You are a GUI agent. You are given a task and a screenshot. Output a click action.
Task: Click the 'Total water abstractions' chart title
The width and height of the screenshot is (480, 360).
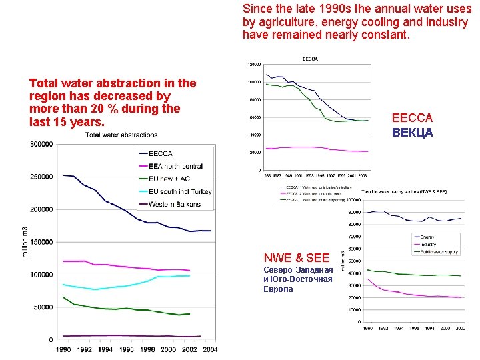(x=121, y=135)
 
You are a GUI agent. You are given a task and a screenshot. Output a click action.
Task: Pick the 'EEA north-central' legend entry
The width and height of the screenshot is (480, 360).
(x=175, y=167)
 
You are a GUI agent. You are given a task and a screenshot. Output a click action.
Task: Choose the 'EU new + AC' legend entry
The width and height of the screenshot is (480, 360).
(x=169, y=179)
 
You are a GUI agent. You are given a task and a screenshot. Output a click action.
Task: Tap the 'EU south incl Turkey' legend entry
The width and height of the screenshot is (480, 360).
(x=180, y=192)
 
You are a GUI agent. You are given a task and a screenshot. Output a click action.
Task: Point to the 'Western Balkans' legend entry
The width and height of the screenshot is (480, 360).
(x=174, y=204)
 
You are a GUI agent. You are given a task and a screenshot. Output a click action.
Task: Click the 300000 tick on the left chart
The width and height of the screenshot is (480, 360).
(x=42, y=144)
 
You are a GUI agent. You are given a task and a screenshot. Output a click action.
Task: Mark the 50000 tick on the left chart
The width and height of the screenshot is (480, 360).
(x=44, y=307)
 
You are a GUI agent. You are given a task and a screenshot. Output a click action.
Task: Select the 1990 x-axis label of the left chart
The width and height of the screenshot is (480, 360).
(x=63, y=350)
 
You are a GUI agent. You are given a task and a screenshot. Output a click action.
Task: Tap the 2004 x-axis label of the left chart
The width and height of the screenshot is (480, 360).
(x=210, y=350)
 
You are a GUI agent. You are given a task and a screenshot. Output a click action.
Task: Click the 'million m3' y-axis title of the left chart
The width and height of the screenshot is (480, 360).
(x=26, y=241)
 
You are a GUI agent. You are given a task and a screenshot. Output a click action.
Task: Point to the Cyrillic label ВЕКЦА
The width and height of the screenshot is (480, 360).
(x=413, y=132)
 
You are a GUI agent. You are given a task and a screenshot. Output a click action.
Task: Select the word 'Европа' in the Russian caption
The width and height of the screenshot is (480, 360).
(x=278, y=289)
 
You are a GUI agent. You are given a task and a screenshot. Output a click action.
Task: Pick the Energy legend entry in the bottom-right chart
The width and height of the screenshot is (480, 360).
(x=427, y=237)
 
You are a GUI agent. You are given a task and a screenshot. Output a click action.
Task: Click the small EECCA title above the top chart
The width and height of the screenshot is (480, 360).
(x=310, y=59)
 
